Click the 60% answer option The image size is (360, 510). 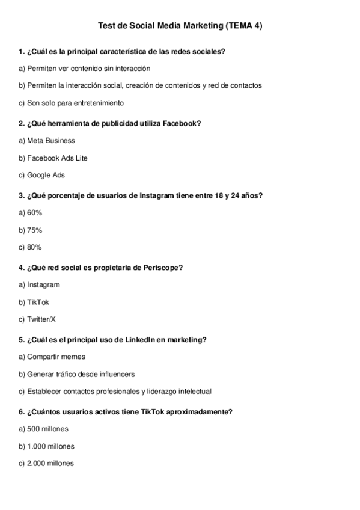31,212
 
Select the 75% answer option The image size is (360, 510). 31,230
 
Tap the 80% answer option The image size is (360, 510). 31,247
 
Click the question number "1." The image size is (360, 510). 22,51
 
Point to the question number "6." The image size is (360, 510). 22,411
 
